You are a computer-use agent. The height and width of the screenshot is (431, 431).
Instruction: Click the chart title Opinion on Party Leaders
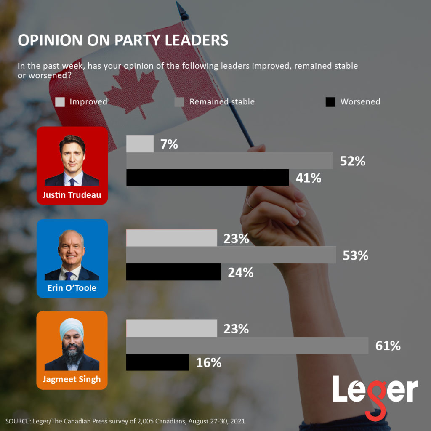point(122,40)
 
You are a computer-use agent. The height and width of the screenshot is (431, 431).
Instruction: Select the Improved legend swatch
point(60,102)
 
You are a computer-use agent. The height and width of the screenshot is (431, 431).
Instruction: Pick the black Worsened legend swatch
point(330,102)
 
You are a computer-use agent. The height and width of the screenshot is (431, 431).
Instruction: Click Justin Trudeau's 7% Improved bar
point(140,144)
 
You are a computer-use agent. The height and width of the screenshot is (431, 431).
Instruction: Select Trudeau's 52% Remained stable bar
point(229,161)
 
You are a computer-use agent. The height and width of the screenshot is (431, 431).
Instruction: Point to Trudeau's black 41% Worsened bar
point(207,178)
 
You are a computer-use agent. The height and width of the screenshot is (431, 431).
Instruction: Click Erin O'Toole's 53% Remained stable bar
point(231,255)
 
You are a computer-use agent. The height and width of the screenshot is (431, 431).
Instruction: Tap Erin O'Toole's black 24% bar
point(173,272)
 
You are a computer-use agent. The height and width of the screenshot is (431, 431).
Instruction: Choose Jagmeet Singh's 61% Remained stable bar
point(247,346)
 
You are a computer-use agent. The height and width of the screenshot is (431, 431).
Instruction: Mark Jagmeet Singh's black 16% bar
point(157,362)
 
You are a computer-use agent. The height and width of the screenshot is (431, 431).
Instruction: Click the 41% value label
point(309,178)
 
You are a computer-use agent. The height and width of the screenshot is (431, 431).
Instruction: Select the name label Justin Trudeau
point(72,195)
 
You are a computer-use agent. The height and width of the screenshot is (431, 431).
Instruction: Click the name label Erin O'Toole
point(72,288)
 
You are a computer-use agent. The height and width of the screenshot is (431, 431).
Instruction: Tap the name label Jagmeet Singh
point(72,379)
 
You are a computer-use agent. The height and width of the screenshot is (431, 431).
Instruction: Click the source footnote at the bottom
point(125,421)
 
